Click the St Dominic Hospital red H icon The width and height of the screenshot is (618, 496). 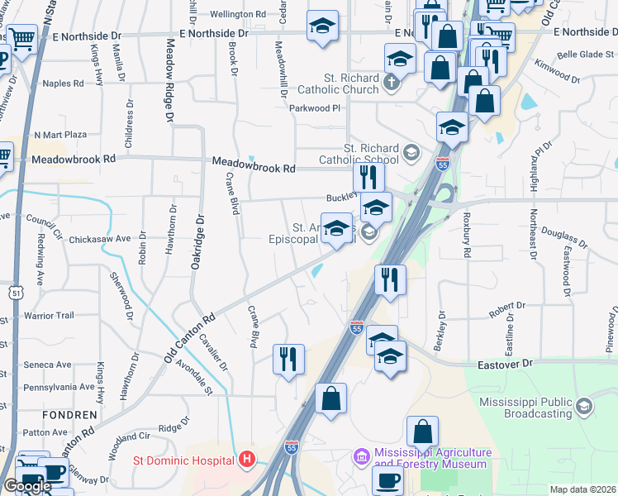click(x=245, y=459)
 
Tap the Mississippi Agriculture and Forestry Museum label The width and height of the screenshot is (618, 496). click(x=433, y=458)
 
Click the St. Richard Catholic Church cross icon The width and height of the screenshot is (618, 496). click(x=391, y=83)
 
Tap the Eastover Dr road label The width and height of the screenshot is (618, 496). click(x=507, y=363)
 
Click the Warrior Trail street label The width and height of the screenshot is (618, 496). click(x=49, y=315)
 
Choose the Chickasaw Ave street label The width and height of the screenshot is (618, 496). click(x=100, y=238)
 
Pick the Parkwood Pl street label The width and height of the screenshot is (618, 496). click(x=314, y=108)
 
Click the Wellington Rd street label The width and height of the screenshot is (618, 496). click(x=237, y=14)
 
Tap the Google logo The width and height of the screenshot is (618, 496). click(x=26, y=486)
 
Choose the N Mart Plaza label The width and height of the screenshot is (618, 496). click(x=60, y=134)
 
